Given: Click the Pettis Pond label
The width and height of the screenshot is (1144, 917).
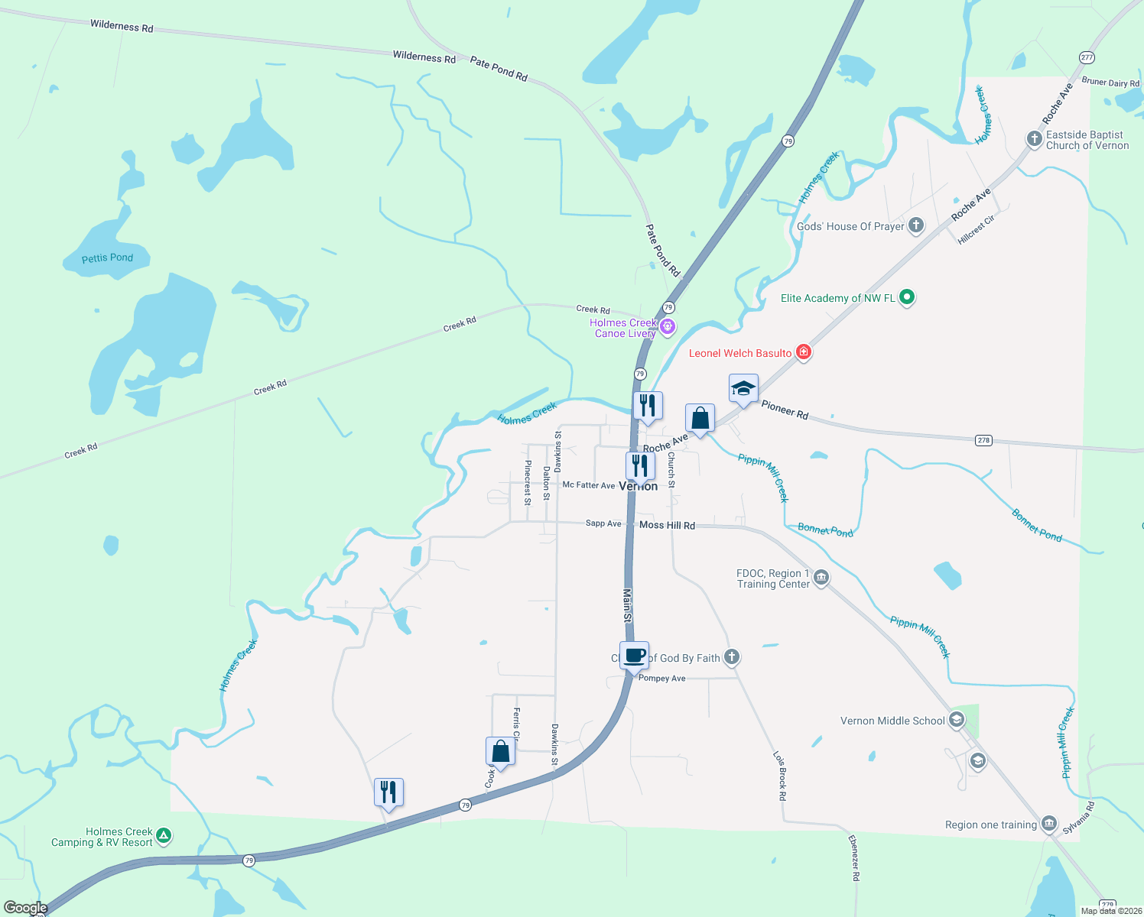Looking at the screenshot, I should [x=107, y=258].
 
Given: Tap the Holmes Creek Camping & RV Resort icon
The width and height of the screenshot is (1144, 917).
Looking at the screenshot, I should [x=164, y=837].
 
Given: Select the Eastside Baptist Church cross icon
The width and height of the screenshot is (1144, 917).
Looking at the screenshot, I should [x=1034, y=139].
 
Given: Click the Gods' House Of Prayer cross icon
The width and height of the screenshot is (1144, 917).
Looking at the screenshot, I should [x=915, y=225].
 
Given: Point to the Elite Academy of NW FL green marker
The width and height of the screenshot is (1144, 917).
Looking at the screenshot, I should [x=906, y=297].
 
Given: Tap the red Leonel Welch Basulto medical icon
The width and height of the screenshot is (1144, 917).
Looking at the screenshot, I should [x=803, y=352].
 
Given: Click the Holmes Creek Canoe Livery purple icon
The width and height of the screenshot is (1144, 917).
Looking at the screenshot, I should [x=668, y=327].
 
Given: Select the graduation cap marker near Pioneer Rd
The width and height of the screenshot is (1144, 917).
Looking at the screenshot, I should [x=743, y=389].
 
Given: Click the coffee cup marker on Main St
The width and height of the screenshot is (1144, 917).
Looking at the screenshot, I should [x=635, y=656].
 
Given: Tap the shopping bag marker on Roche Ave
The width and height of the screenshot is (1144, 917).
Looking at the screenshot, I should [x=700, y=419].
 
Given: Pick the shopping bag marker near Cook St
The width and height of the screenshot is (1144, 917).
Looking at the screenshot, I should [x=500, y=752].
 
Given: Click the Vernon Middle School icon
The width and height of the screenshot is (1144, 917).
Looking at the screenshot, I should [x=956, y=720].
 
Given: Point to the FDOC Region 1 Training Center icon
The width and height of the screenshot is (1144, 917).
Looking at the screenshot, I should [x=821, y=577].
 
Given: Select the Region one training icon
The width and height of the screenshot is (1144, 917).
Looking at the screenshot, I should [x=1049, y=824].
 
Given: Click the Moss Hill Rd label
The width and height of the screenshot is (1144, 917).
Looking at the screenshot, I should [x=667, y=525].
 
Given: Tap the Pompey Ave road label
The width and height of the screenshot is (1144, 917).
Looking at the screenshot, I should [x=661, y=678].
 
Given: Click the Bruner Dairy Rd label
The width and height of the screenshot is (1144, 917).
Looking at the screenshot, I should [x=1110, y=82].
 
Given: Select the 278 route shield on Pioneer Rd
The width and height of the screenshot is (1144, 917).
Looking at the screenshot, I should [x=983, y=439].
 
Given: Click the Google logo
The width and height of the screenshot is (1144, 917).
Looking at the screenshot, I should [x=26, y=908].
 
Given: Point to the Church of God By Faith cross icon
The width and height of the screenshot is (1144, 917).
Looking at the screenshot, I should [x=732, y=656].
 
